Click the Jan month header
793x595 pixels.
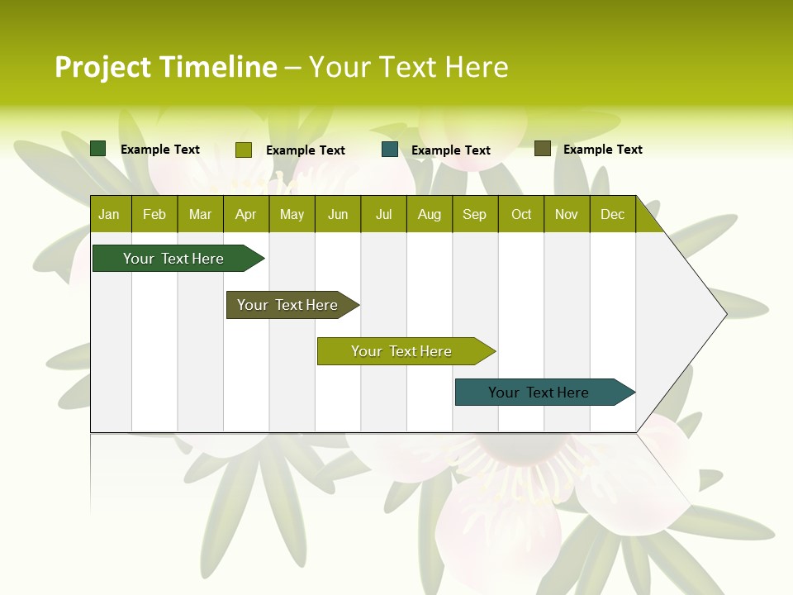click(110, 214)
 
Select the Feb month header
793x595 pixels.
click(154, 214)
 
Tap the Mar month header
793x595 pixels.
click(200, 214)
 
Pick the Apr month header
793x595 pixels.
click(246, 214)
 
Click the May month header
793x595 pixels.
click(292, 214)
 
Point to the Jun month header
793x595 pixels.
click(338, 214)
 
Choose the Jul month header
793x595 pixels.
click(383, 214)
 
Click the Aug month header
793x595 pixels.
click(430, 214)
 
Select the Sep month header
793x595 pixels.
click(475, 214)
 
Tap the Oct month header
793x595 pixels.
click(521, 214)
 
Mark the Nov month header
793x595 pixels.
click(567, 214)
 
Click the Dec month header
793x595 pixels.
click(613, 214)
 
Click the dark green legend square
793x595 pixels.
click(98, 149)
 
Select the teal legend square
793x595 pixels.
click(390, 150)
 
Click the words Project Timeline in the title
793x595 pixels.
click(166, 67)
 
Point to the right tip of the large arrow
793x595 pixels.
click(724, 314)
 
